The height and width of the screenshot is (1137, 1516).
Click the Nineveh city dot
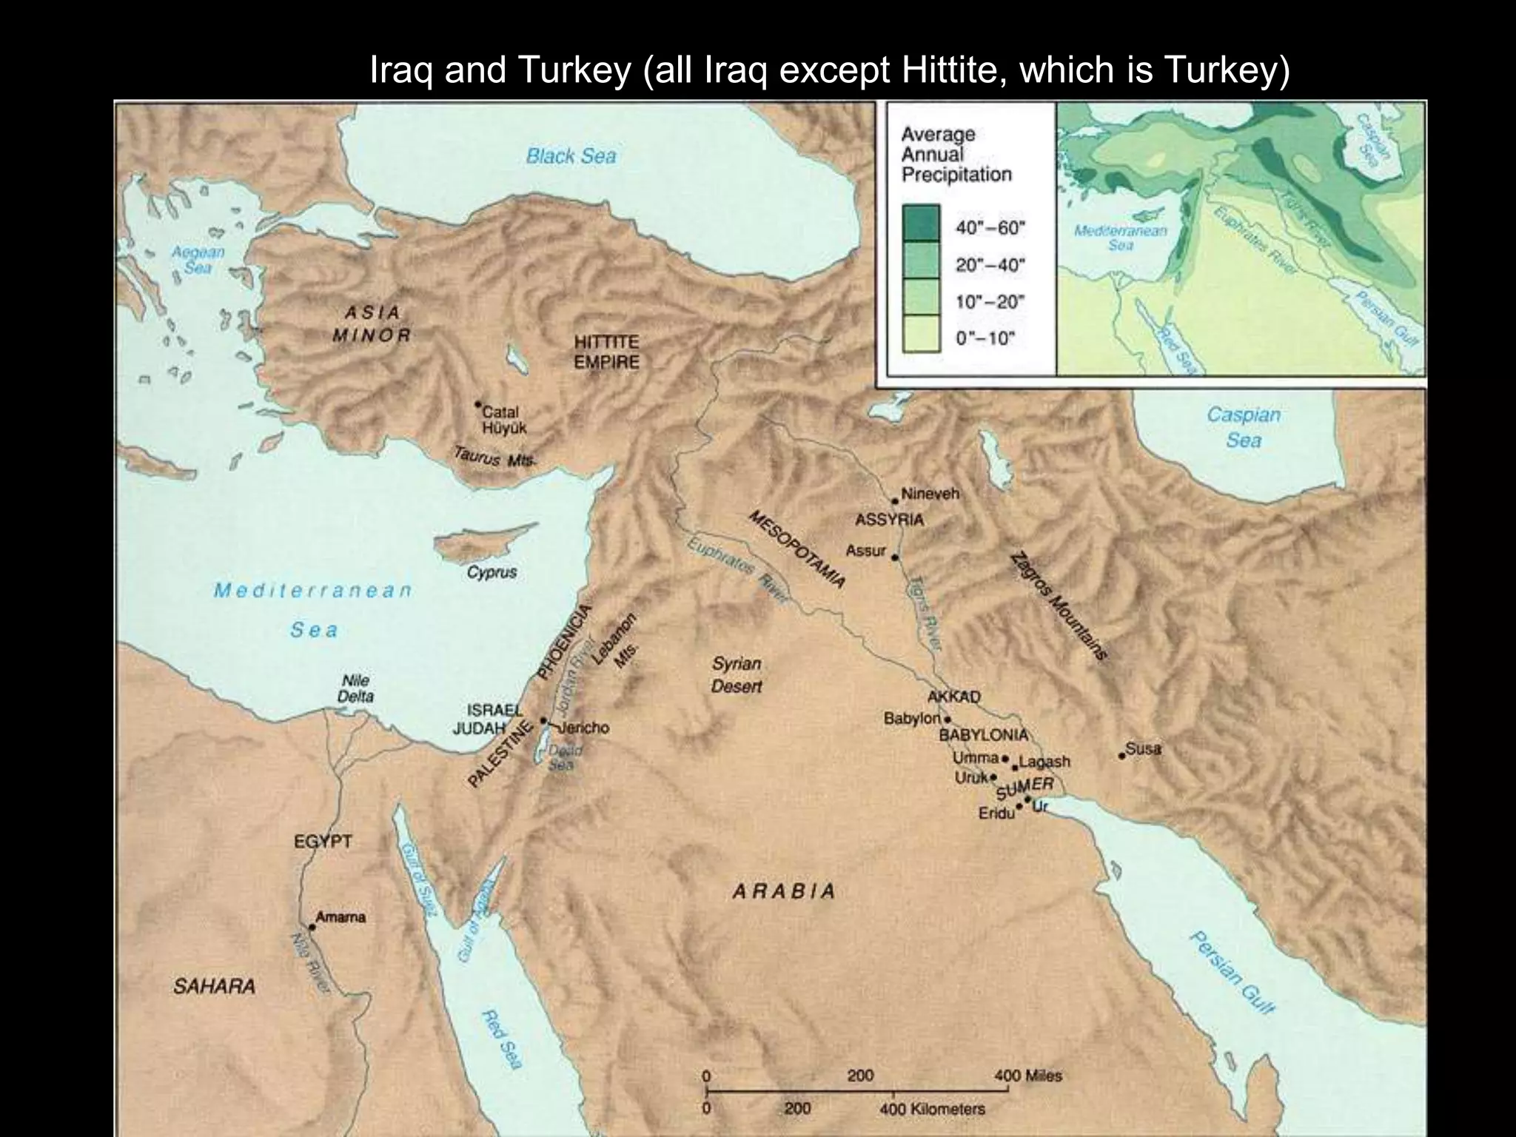pos(895,501)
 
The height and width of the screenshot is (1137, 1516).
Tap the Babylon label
pos(911,719)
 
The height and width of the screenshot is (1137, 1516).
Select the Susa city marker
pos(1122,756)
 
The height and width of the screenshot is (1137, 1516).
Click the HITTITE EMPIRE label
pos(606,352)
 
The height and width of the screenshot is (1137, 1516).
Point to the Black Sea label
pos(571,156)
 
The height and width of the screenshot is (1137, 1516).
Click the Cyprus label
pos(492,572)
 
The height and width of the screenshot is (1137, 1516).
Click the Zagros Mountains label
pos(1058,606)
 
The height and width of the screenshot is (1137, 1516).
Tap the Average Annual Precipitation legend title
pos(956,155)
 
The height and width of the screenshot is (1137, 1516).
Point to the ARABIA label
pos(784,891)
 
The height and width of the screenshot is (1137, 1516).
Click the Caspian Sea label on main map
pos(1243,427)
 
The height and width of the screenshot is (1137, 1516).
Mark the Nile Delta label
pos(355,688)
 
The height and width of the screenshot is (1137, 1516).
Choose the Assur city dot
pos(895,557)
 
